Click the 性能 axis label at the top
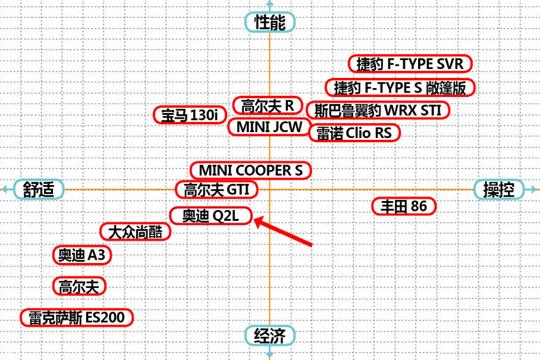(270, 22)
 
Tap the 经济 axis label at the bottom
(270, 336)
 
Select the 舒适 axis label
(39, 190)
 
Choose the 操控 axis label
(499, 190)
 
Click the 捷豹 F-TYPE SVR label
(410, 64)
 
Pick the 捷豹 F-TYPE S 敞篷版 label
(401, 87)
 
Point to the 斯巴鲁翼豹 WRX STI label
(378, 110)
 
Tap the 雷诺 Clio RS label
(355, 133)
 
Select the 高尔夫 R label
(267, 105)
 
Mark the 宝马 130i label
(190, 115)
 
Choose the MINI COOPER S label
(251, 170)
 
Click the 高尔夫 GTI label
(216, 190)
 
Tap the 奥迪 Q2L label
(211, 216)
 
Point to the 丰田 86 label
(404, 206)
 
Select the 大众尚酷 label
(135, 232)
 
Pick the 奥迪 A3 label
(81, 255)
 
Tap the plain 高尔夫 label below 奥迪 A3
(79, 286)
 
